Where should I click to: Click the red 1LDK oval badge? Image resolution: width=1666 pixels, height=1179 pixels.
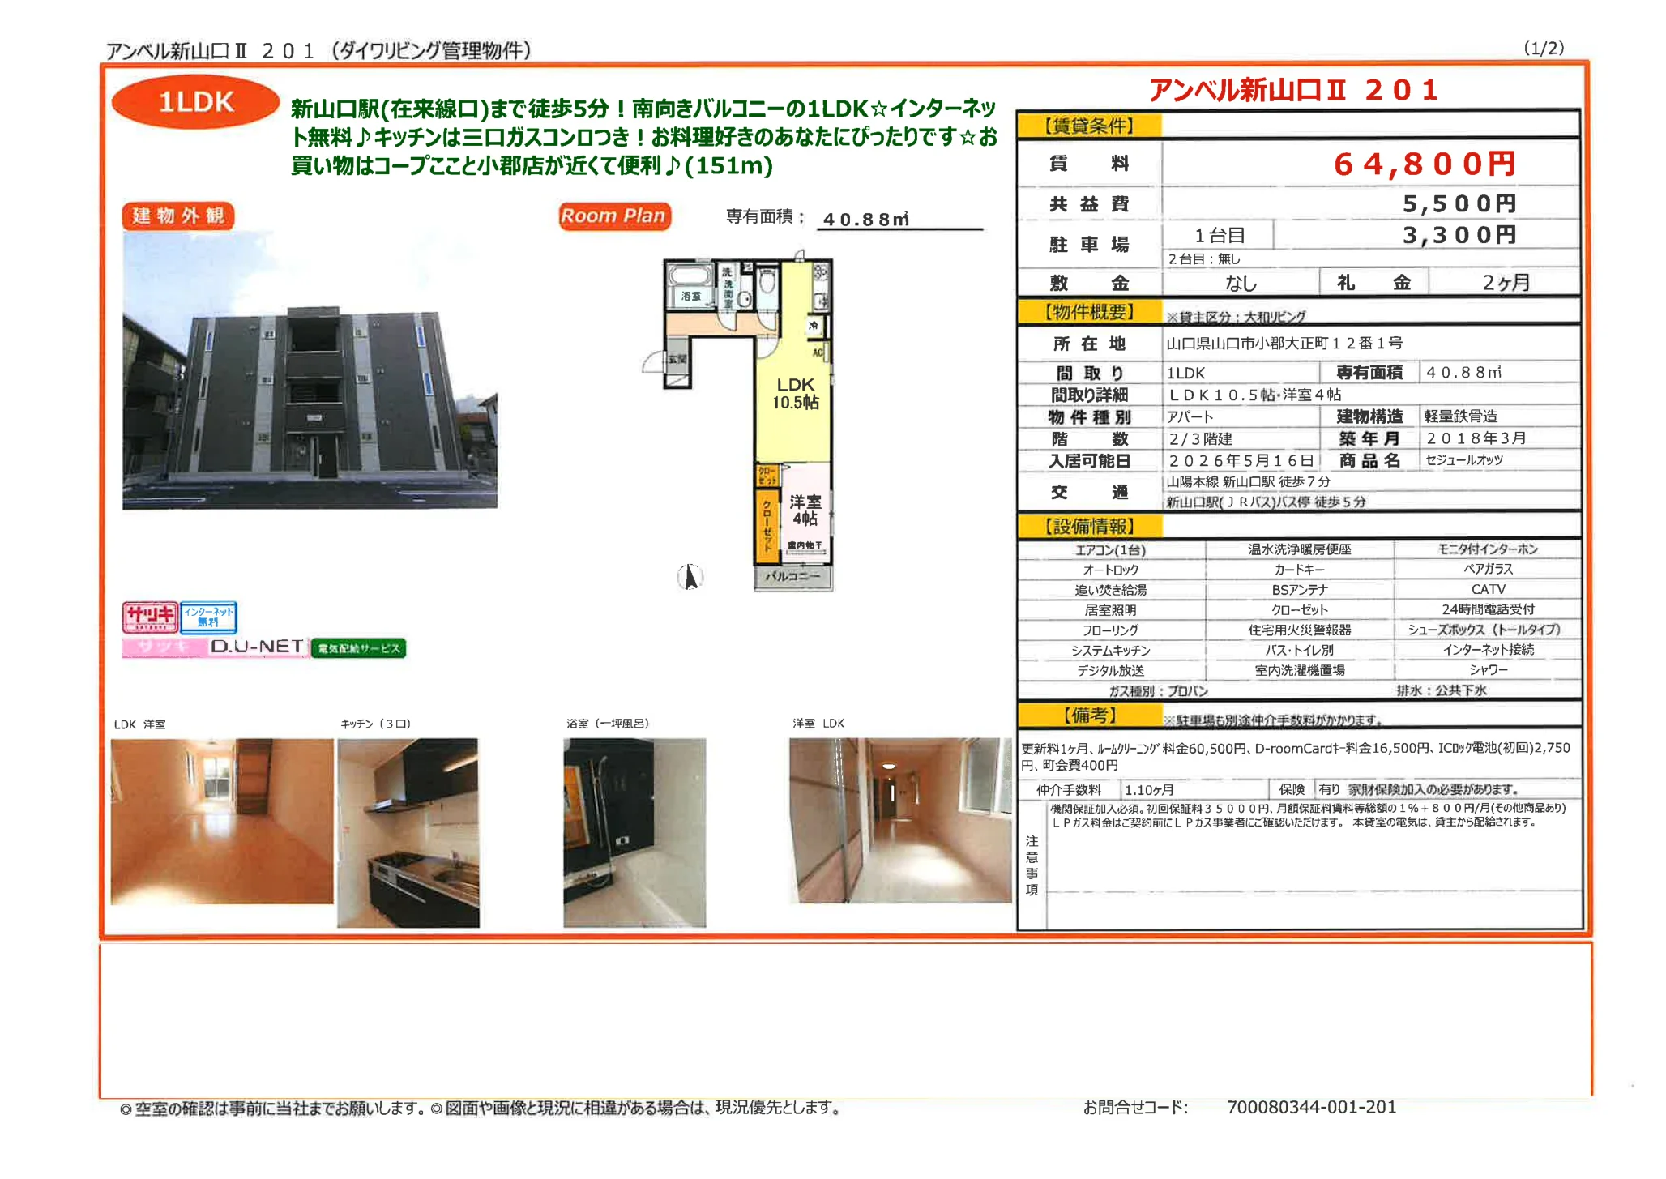pos(195,102)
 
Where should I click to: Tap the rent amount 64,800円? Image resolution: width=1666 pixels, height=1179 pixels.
pos(1424,164)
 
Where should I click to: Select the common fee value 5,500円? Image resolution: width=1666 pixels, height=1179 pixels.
pos(1459,203)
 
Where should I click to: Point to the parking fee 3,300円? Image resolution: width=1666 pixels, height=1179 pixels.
pos(1459,236)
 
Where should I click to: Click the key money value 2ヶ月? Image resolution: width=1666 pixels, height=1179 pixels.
pos(1506,283)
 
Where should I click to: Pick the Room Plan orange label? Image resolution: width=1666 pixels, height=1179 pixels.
pos(613,216)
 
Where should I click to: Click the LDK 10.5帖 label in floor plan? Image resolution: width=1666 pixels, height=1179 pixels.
pos(795,394)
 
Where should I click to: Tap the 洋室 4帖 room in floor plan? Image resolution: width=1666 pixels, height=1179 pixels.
pos(805,510)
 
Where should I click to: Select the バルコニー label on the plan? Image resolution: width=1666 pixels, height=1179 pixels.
pos(792,577)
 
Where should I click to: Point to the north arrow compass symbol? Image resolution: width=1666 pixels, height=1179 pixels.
pos(690,577)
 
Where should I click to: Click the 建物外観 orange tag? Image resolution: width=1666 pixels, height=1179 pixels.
pos(178,216)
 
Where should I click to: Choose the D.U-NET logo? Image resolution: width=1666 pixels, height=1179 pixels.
pos(257,647)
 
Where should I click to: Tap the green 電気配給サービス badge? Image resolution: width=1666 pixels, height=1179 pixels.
pos(358,648)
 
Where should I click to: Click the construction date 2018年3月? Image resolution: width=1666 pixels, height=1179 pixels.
pos(1476,438)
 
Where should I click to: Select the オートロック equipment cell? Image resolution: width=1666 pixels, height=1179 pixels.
pos(1110,570)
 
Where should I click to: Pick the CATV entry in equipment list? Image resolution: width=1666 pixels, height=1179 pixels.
pos(1488,589)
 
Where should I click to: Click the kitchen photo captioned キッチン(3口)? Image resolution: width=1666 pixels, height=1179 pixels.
pos(408,831)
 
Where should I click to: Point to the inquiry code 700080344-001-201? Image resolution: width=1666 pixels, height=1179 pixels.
pos(1311,1107)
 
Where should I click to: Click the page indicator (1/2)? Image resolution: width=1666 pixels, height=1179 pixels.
pos(1543,49)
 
